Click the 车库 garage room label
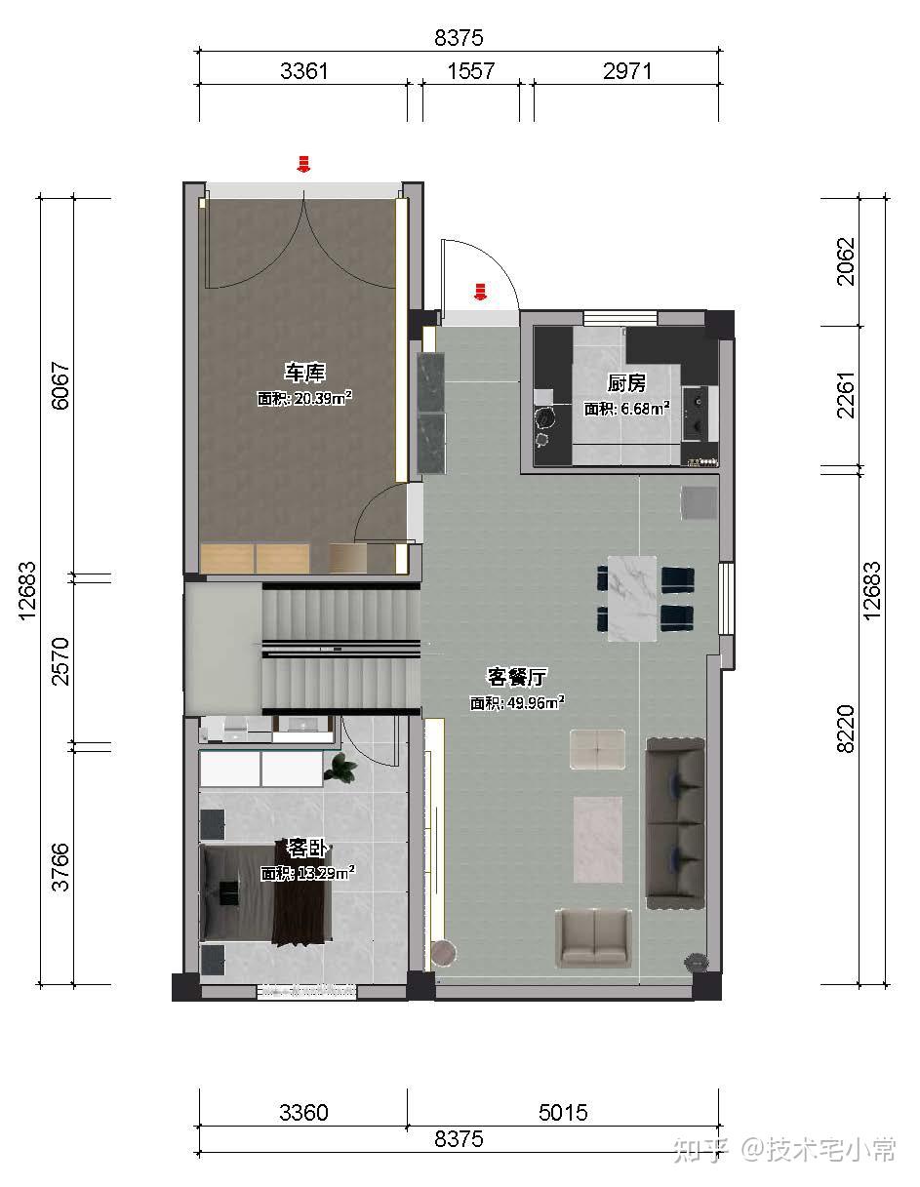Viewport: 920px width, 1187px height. [x=304, y=373]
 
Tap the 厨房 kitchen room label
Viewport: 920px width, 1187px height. [x=626, y=383]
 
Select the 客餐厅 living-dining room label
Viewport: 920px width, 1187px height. [x=516, y=677]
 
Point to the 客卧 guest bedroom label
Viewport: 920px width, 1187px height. [x=307, y=849]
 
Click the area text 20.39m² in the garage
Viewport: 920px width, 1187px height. [x=323, y=398]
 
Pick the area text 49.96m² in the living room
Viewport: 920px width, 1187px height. [x=536, y=702]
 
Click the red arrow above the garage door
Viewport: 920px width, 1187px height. [x=303, y=164]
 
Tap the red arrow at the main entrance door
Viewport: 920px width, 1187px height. [x=480, y=292]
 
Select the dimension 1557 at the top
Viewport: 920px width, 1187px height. [x=471, y=71]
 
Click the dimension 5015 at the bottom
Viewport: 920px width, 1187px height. [x=563, y=1112]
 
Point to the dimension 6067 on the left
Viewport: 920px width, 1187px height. [x=60, y=385]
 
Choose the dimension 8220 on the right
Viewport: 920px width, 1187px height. [x=845, y=729]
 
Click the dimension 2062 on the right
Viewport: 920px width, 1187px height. [x=845, y=261]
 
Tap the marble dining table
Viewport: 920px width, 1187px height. [x=632, y=598]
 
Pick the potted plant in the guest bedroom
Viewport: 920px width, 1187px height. [x=340, y=768]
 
